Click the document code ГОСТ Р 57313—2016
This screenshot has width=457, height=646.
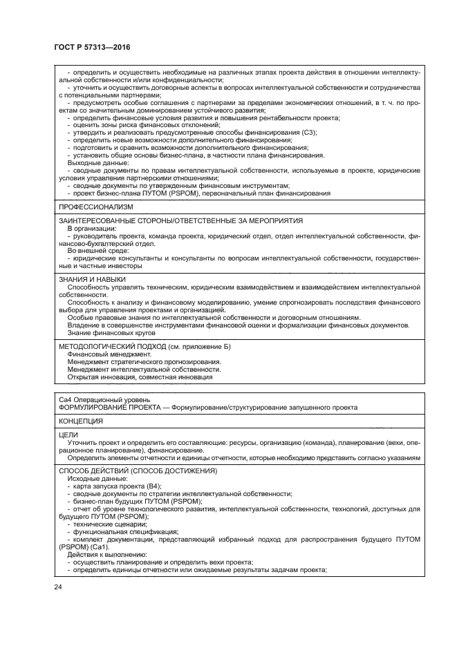tap(91, 47)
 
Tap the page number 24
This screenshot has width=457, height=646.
tap(57, 587)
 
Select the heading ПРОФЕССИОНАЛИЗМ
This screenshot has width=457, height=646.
tap(96, 207)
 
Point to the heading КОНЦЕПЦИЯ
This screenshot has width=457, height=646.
tap(81, 421)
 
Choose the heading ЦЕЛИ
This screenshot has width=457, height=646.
tap(68, 435)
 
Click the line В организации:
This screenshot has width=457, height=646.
tap(91, 227)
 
